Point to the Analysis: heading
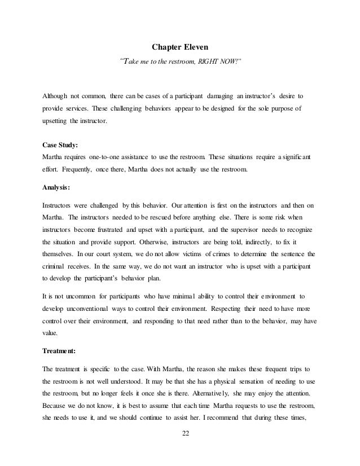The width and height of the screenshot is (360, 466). click(58, 189)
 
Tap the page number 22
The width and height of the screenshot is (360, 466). click(179, 448)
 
